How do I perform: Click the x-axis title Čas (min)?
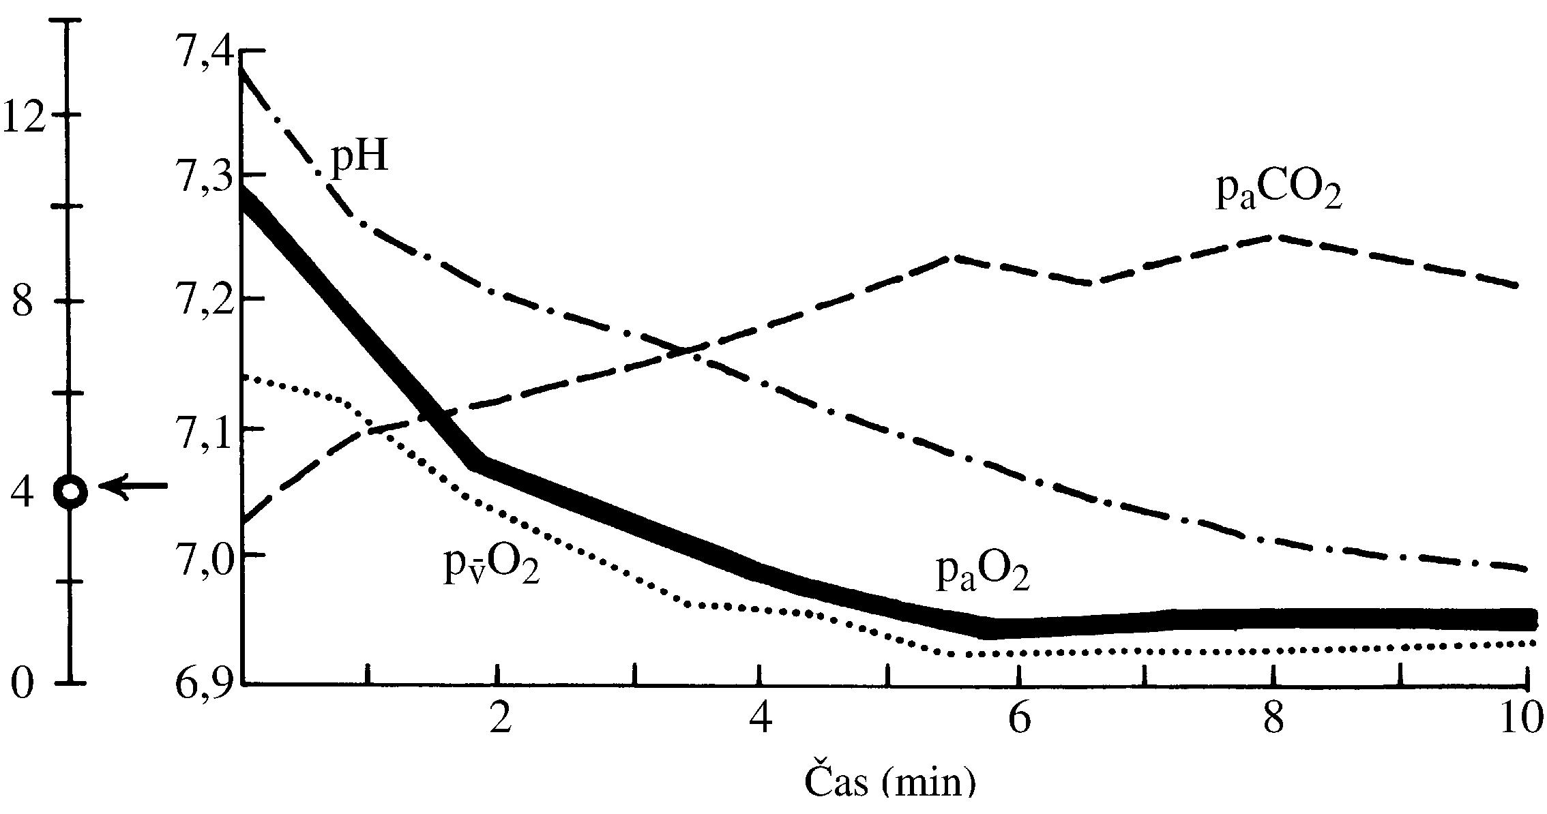[x=890, y=794]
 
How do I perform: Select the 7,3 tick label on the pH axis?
[x=203, y=179]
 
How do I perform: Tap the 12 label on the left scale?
[x=26, y=116]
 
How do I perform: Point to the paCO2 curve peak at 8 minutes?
[x=1273, y=237]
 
